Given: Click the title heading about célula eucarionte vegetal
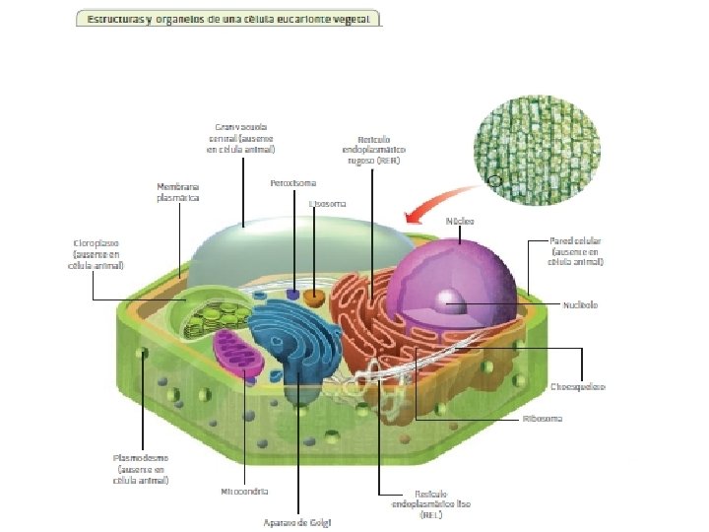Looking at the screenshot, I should (x=228, y=20).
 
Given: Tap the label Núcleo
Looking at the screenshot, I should (x=460, y=221).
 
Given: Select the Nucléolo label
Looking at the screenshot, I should (x=580, y=304).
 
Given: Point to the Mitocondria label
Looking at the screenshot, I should (x=245, y=490).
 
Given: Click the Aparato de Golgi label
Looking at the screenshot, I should (x=298, y=521).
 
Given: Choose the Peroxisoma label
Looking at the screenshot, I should (x=292, y=183).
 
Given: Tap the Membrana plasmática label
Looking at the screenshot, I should (x=178, y=191).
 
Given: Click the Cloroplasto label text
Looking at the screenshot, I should (x=96, y=252).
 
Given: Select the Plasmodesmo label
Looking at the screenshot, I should (x=142, y=469).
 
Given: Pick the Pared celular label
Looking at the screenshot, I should (x=576, y=251).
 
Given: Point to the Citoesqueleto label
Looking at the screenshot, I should (x=578, y=386).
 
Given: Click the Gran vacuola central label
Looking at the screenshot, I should (x=241, y=138).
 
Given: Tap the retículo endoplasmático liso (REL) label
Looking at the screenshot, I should (x=430, y=502).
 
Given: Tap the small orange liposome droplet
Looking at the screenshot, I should (x=314, y=296).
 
